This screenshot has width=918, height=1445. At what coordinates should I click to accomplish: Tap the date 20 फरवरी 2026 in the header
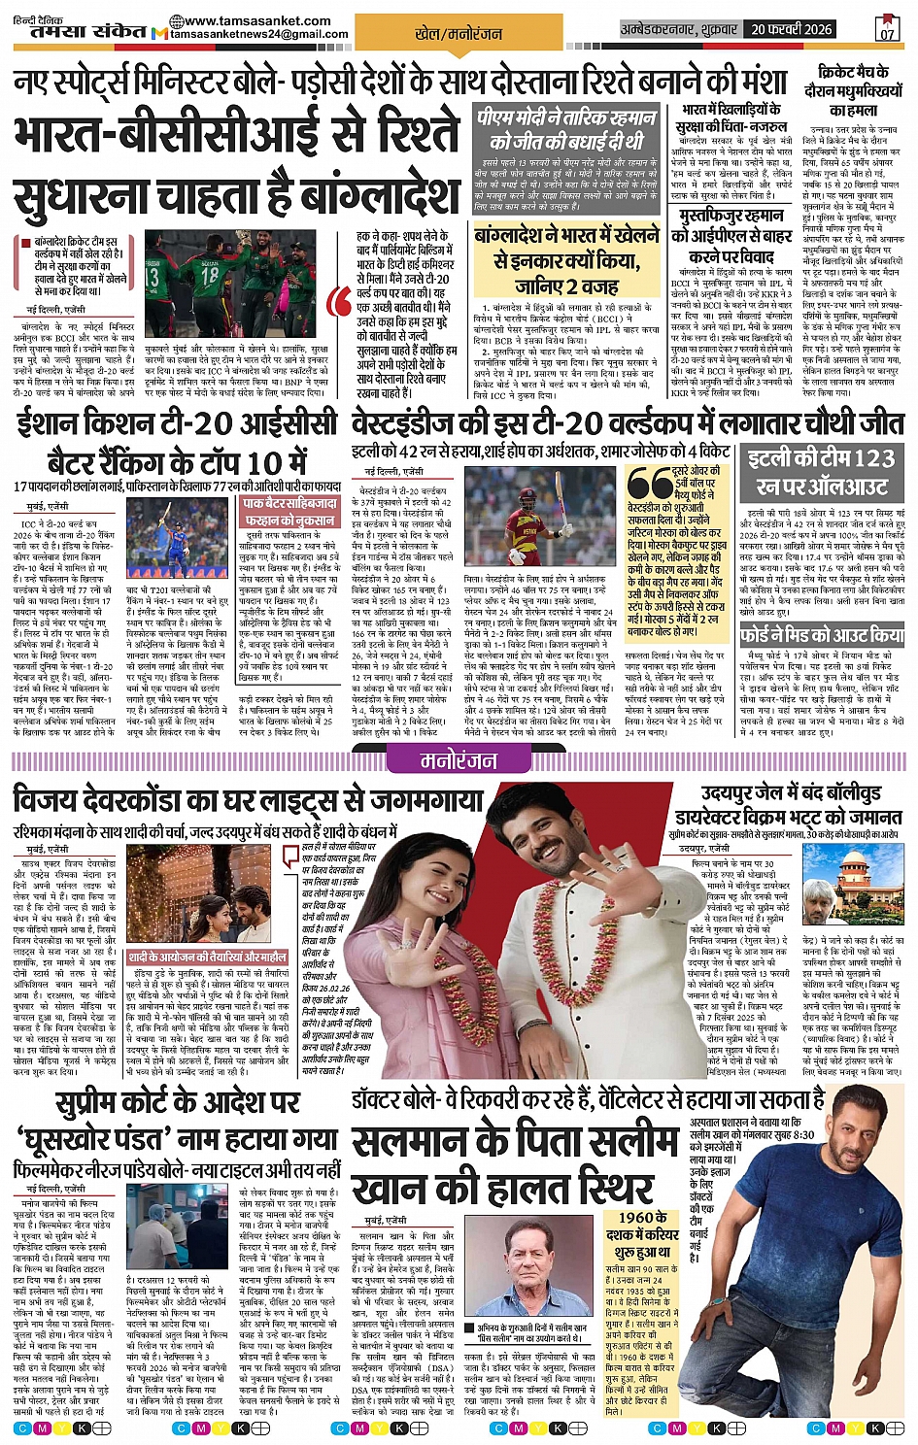tap(791, 29)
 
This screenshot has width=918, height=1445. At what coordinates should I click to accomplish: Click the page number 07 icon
tap(887, 28)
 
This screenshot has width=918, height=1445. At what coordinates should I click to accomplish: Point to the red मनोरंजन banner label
tap(459, 761)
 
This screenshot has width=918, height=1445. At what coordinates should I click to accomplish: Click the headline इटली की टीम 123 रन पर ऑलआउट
tap(822, 471)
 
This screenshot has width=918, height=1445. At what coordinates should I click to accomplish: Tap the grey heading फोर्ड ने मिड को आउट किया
tap(822, 635)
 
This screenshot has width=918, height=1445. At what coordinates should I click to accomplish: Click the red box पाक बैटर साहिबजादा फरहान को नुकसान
tap(289, 512)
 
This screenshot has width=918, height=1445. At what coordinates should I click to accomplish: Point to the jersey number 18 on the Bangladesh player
tap(209, 275)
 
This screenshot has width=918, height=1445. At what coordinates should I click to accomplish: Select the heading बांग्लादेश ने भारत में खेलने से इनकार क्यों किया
tap(566, 259)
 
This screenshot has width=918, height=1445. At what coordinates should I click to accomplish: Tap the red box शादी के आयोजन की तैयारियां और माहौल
tap(207, 957)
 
